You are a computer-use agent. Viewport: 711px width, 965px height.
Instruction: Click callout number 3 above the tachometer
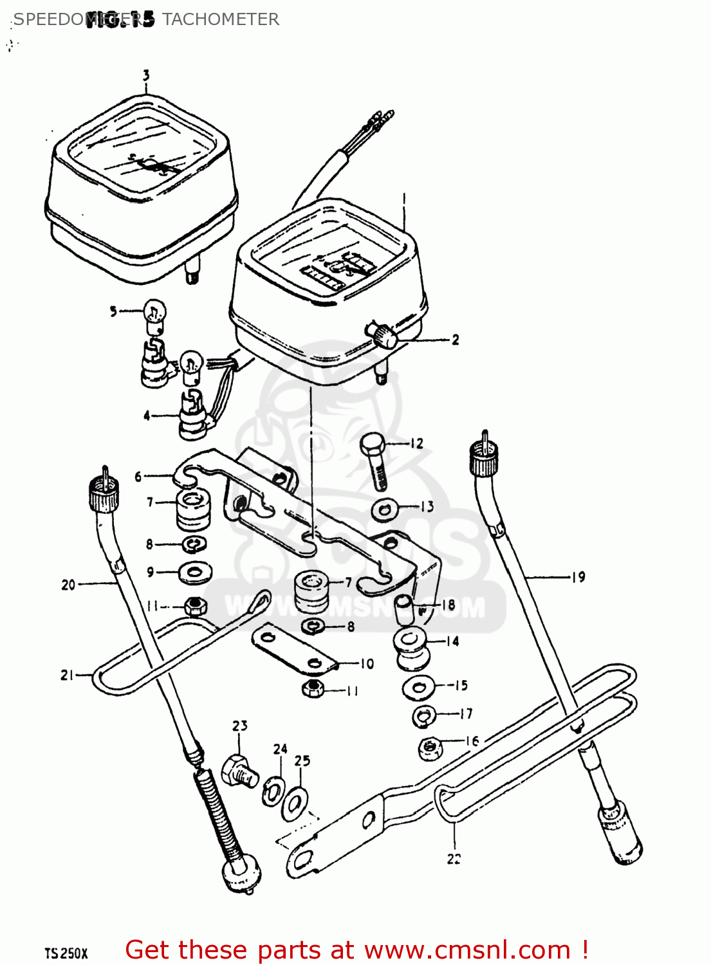tap(146, 76)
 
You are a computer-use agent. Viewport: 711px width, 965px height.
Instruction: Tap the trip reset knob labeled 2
tap(382, 336)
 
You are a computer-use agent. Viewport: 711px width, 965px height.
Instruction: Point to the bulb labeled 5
tap(154, 313)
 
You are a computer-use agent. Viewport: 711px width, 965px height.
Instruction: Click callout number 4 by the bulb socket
tap(147, 416)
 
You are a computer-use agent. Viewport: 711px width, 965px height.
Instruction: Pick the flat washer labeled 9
tap(194, 572)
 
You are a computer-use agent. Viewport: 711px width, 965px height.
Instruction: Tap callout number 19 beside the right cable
tap(578, 577)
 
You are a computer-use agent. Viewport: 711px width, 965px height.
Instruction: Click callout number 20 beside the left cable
tap(68, 585)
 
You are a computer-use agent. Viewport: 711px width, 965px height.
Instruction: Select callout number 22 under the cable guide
tap(454, 858)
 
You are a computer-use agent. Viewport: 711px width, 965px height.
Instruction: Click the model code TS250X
tap(66, 953)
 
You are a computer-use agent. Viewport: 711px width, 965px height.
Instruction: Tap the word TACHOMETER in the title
tap(221, 19)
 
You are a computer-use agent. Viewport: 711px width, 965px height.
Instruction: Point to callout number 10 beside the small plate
tap(367, 663)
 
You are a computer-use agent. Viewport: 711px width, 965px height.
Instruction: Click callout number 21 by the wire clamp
tap(67, 675)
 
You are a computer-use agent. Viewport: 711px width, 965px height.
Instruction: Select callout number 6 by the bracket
tap(138, 477)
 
